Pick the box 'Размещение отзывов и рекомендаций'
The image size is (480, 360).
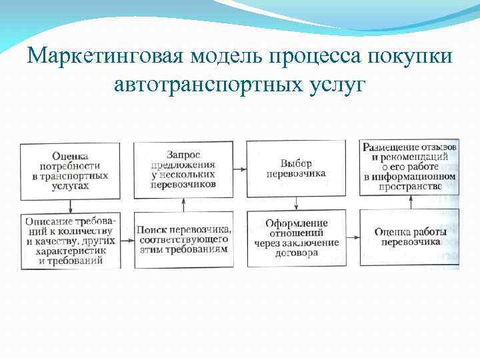(x=409, y=167)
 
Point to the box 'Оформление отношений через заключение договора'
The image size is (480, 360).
(x=295, y=238)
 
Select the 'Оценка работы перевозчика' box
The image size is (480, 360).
(x=409, y=238)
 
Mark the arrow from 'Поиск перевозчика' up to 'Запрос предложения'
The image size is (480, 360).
(x=183, y=203)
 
